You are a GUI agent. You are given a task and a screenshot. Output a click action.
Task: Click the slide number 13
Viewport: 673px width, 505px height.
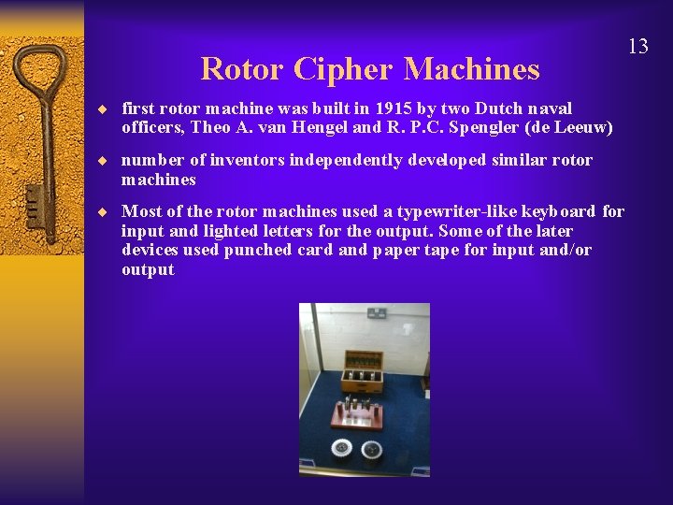pos(637,46)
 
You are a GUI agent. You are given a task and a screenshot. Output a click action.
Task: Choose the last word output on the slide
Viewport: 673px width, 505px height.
pos(148,270)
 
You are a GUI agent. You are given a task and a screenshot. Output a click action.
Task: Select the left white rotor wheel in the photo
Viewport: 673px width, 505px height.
pos(343,447)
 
